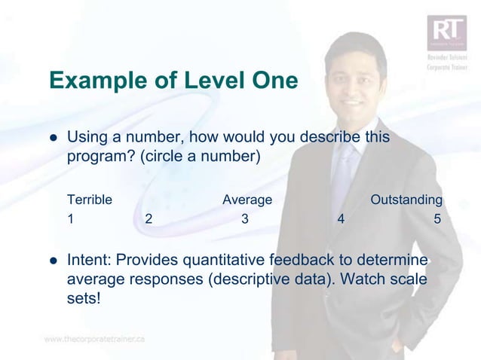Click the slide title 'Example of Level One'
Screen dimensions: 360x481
(x=173, y=81)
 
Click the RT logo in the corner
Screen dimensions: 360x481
(x=447, y=33)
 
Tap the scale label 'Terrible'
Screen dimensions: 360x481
(x=90, y=200)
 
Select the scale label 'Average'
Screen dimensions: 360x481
(x=247, y=200)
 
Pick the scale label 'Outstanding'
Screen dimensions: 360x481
(x=406, y=200)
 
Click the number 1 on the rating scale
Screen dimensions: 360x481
(x=70, y=220)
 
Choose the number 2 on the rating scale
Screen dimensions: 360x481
(x=149, y=220)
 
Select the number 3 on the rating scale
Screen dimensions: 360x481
(x=244, y=220)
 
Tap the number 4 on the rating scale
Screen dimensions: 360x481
(x=342, y=220)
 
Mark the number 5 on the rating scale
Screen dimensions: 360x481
(x=437, y=220)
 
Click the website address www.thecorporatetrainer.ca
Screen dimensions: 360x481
(x=94, y=339)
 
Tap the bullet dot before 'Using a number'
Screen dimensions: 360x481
(x=54, y=139)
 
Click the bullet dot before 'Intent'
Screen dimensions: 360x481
(x=54, y=261)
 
